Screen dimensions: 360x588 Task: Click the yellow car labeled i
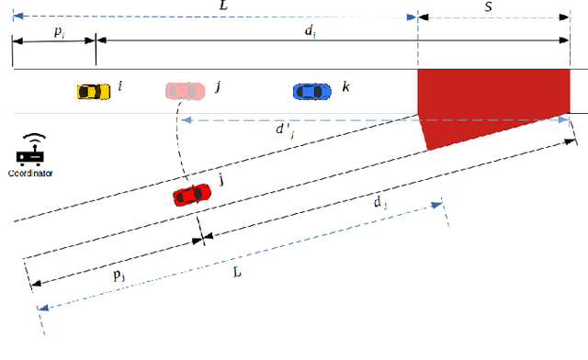90,91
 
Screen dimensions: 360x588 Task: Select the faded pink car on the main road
185,91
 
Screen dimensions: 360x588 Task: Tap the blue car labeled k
312,91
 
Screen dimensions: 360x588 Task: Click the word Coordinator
31,173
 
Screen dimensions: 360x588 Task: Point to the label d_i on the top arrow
311,29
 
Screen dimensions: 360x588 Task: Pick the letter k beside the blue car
345,87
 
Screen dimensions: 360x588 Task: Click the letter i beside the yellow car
120,87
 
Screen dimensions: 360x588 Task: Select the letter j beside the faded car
218,87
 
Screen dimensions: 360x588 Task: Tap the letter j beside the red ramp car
221,181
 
